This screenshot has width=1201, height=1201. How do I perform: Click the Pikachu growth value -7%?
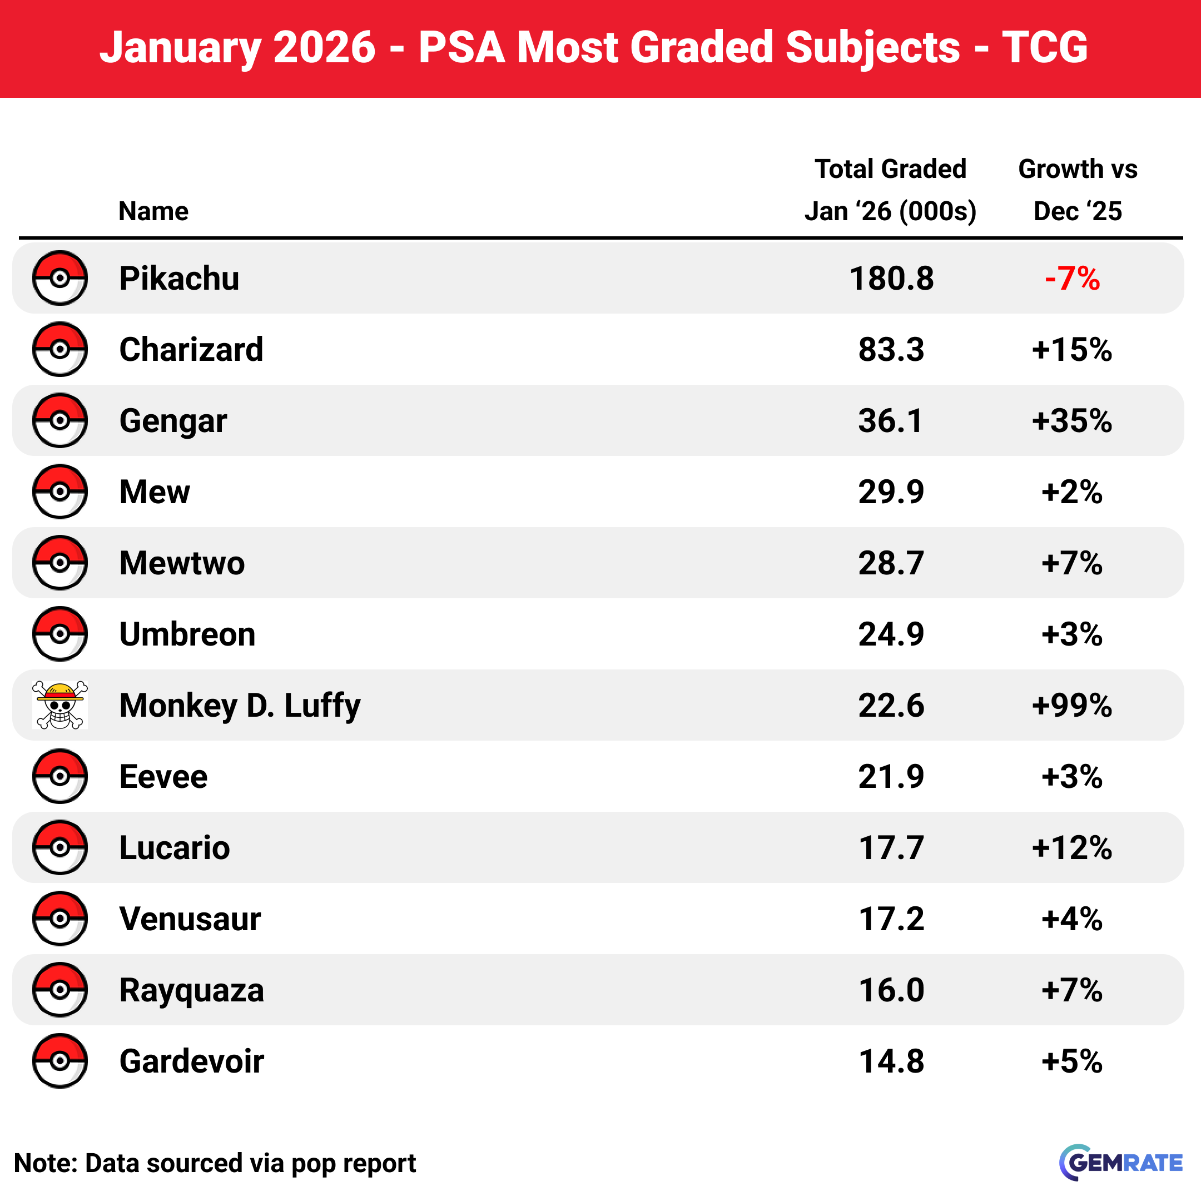pos(1071,279)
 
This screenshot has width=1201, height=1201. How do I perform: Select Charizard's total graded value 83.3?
pos(891,349)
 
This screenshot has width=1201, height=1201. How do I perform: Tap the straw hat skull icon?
pos(59,705)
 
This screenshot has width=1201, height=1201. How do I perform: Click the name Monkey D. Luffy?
pos(240,706)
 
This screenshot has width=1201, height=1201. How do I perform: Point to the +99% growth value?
pos(1071,706)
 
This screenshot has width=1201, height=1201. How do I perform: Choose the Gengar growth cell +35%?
pos(1071,421)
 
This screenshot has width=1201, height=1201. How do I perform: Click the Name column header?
pos(153,211)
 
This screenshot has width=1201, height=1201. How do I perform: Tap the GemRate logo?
pos(1120,1163)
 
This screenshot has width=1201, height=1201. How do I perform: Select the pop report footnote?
pos(215,1163)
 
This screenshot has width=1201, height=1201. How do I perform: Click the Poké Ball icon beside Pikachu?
pos(59,278)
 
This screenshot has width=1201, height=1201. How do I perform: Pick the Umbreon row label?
pos(187,634)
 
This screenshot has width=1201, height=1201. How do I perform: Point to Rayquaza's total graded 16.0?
pos(891,990)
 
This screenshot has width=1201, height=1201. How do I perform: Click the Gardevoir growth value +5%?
pos(1071,1061)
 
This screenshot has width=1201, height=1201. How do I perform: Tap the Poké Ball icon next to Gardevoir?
pos(59,1060)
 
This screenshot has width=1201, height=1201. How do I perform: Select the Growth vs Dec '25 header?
pos(1078,190)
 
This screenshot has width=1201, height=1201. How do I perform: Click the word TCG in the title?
pos(1044,47)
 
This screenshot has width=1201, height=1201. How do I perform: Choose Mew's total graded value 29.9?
pos(891,492)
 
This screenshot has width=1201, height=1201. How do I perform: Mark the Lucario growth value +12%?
pos(1071,848)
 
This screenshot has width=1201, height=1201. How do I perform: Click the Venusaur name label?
pos(190,919)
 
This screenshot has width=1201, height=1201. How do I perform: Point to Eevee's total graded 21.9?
pos(891,776)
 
